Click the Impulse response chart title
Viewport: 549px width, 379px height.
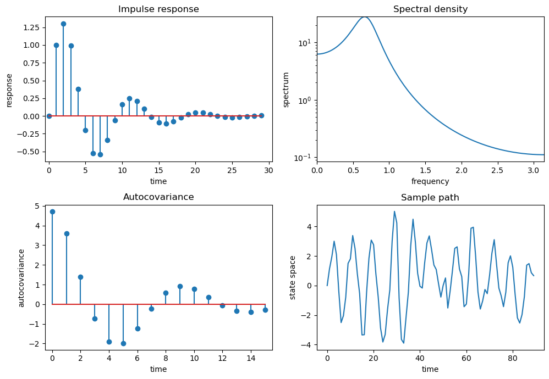[x=158, y=9]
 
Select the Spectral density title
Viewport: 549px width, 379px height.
[x=430, y=9]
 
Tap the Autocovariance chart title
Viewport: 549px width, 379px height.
[x=158, y=197]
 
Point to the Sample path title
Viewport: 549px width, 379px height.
[x=430, y=197]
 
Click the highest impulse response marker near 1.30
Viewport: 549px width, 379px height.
[x=63, y=24]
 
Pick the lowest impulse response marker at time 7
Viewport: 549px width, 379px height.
[x=100, y=154]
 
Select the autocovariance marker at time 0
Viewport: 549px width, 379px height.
[x=52, y=211]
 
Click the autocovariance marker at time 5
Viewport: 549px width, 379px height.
[x=123, y=343]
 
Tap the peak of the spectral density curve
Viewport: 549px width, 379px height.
[x=364, y=16]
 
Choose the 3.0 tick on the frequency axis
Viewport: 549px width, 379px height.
[x=534, y=171]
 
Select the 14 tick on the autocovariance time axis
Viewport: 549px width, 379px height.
[x=251, y=359]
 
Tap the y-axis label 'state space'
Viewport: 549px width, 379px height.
[x=293, y=277]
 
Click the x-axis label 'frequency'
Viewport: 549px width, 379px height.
[x=430, y=181]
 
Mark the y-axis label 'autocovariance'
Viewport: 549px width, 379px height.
[x=22, y=277]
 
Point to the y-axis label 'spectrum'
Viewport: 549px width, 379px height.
[x=286, y=90]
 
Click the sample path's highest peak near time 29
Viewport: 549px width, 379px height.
[x=394, y=211]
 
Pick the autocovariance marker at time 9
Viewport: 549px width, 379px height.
[x=180, y=286]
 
